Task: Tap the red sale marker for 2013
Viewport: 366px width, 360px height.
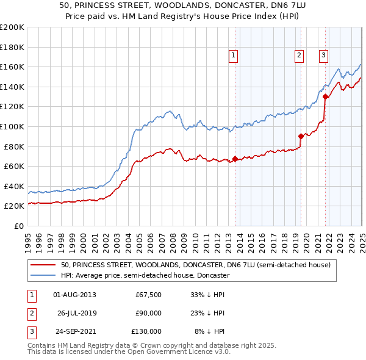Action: (235, 159)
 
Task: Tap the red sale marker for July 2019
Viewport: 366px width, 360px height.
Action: (301, 136)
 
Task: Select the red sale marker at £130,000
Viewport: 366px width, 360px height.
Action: (325, 96)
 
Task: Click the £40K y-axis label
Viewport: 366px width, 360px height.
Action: (14, 186)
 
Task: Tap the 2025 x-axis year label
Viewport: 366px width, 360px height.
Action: (362, 237)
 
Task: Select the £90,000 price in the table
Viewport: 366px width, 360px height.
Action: (148, 313)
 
